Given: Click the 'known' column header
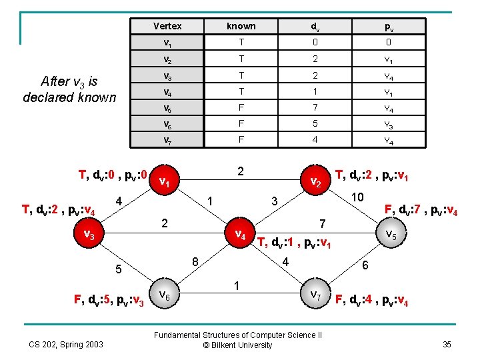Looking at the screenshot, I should (x=241, y=26).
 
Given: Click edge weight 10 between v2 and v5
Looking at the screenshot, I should (x=357, y=197).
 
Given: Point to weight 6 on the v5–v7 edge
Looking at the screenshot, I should (x=365, y=264).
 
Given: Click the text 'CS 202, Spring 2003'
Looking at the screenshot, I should (x=66, y=344).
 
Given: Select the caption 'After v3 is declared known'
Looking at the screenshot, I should (x=69, y=89).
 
